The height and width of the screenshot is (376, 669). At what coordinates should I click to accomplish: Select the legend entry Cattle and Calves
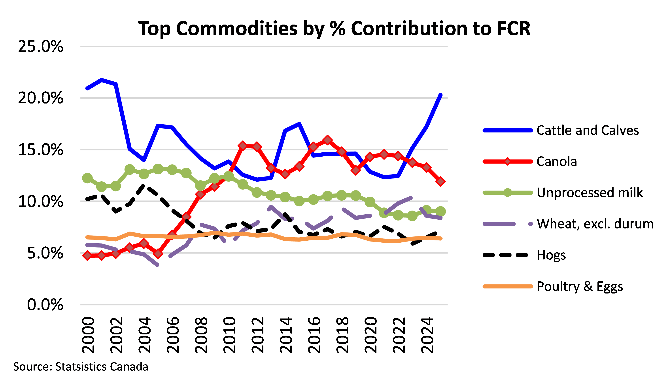[x=588, y=130]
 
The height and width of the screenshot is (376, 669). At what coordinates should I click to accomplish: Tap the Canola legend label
[x=557, y=161]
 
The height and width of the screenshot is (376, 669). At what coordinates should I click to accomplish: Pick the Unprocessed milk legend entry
[x=590, y=193]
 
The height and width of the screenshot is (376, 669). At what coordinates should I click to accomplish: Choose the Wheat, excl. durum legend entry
[x=595, y=224]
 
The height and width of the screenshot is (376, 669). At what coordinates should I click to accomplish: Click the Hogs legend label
[x=551, y=255]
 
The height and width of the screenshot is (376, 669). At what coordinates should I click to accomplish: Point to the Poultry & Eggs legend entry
[x=580, y=286]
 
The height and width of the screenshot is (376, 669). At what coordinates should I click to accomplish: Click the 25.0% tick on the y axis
[x=40, y=47]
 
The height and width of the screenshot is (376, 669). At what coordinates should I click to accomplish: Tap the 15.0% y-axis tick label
[x=40, y=150]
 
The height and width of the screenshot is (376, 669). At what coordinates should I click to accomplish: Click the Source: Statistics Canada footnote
[x=81, y=366]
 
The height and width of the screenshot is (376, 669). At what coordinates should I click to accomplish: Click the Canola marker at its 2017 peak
[x=327, y=140]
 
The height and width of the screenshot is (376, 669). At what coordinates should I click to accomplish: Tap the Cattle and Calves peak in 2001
[x=102, y=80]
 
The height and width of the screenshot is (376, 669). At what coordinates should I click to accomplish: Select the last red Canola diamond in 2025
[x=440, y=181]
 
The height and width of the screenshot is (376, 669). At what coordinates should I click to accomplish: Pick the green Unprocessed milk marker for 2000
[x=87, y=178]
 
